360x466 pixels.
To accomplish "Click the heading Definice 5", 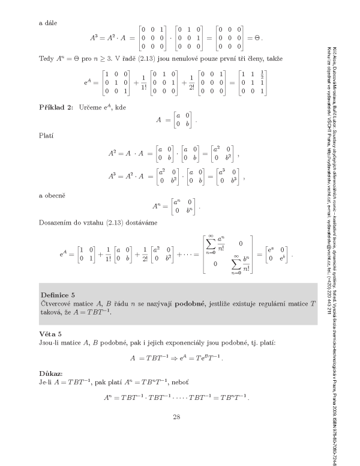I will coord(58,295).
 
